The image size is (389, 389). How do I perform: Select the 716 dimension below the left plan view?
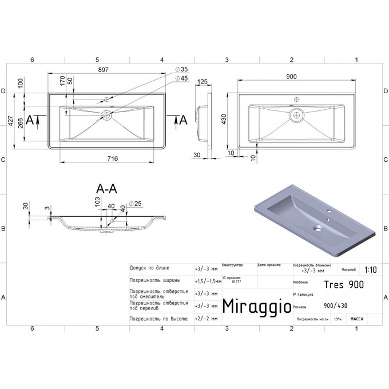pyautogui.click(x=107, y=158)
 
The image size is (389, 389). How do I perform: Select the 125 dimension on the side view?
pyautogui.click(x=201, y=82)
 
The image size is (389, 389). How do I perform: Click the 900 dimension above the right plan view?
pyautogui.click(x=291, y=77)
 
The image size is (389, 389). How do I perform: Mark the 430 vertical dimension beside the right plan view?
pyautogui.click(x=224, y=119)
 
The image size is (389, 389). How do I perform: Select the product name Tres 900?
pyautogui.click(x=343, y=283)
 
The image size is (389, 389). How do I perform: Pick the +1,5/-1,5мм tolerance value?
pyautogui.click(x=208, y=281)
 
